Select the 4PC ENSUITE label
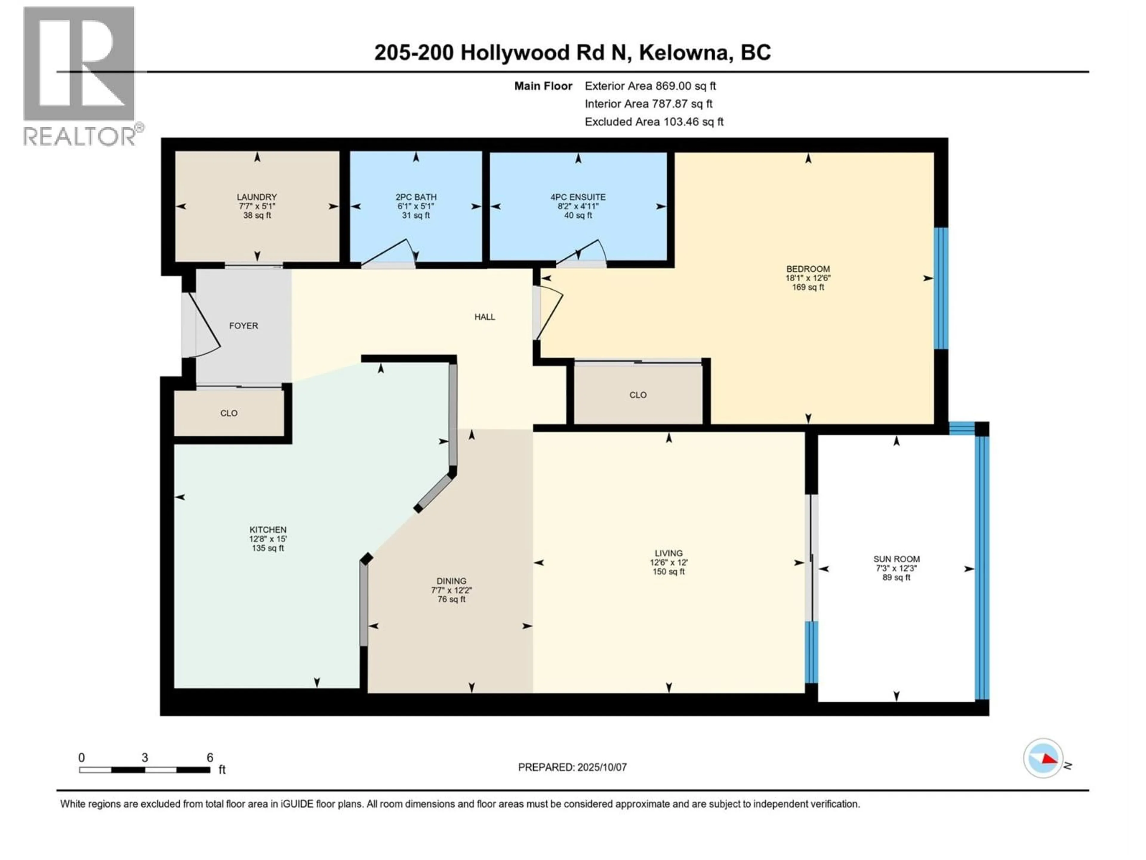(x=578, y=197)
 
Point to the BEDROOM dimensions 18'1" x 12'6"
(x=808, y=278)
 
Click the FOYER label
(x=244, y=325)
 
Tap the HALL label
(x=484, y=317)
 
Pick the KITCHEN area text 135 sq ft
(x=268, y=548)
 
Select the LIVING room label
(x=668, y=553)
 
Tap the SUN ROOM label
(x=896, y=559)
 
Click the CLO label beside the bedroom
(x=638, y=395)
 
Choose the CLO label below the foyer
(x=229, y=413)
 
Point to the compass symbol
(x=1043, y=758)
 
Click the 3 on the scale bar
(x=144, y=757)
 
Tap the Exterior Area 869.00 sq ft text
(x=650, y=86)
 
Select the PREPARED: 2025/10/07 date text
(x=572, y=767)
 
